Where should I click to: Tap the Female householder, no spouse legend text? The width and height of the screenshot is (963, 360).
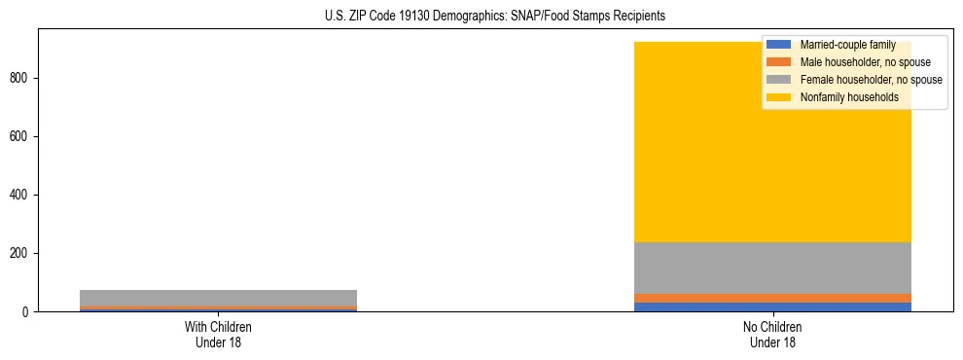[x=871, y=80]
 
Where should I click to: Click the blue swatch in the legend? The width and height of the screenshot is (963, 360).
[x=779, y=45]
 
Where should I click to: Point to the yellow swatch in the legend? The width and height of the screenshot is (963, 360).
[x=779, y=97]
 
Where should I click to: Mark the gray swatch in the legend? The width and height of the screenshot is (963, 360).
[x=779, y=80]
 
